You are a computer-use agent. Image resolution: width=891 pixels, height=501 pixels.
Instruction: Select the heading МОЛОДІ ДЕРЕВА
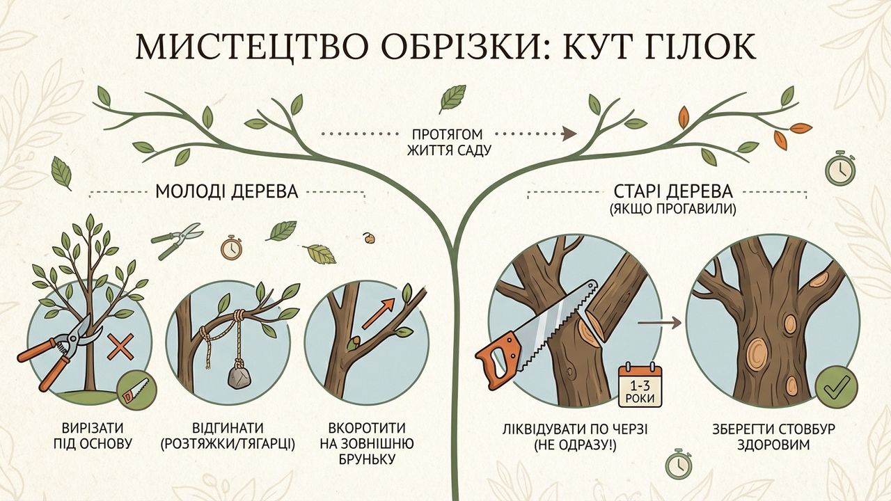(x=226, y=191)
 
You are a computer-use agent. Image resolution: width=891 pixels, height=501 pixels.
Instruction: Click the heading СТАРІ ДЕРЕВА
(x=672, y=191)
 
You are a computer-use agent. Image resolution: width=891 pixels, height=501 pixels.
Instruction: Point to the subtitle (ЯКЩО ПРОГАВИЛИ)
(x=672, y=209)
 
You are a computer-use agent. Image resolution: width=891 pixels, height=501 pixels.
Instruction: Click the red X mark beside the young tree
(x=120, y=347)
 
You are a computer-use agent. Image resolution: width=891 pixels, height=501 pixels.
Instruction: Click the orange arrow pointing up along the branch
(x=378, y=314)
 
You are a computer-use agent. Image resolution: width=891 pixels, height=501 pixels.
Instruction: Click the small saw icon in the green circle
(x=136, y=390)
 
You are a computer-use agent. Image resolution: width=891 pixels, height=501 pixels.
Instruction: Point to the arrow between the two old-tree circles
(x=659, y=323)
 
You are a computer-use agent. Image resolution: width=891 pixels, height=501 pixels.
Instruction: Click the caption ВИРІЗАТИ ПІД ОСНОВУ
(x=93, y=436)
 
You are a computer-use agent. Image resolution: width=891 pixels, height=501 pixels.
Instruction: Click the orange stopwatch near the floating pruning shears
(x=231, y=247)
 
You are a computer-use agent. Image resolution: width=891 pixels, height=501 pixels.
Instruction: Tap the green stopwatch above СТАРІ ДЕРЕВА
(x=840, y=167)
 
